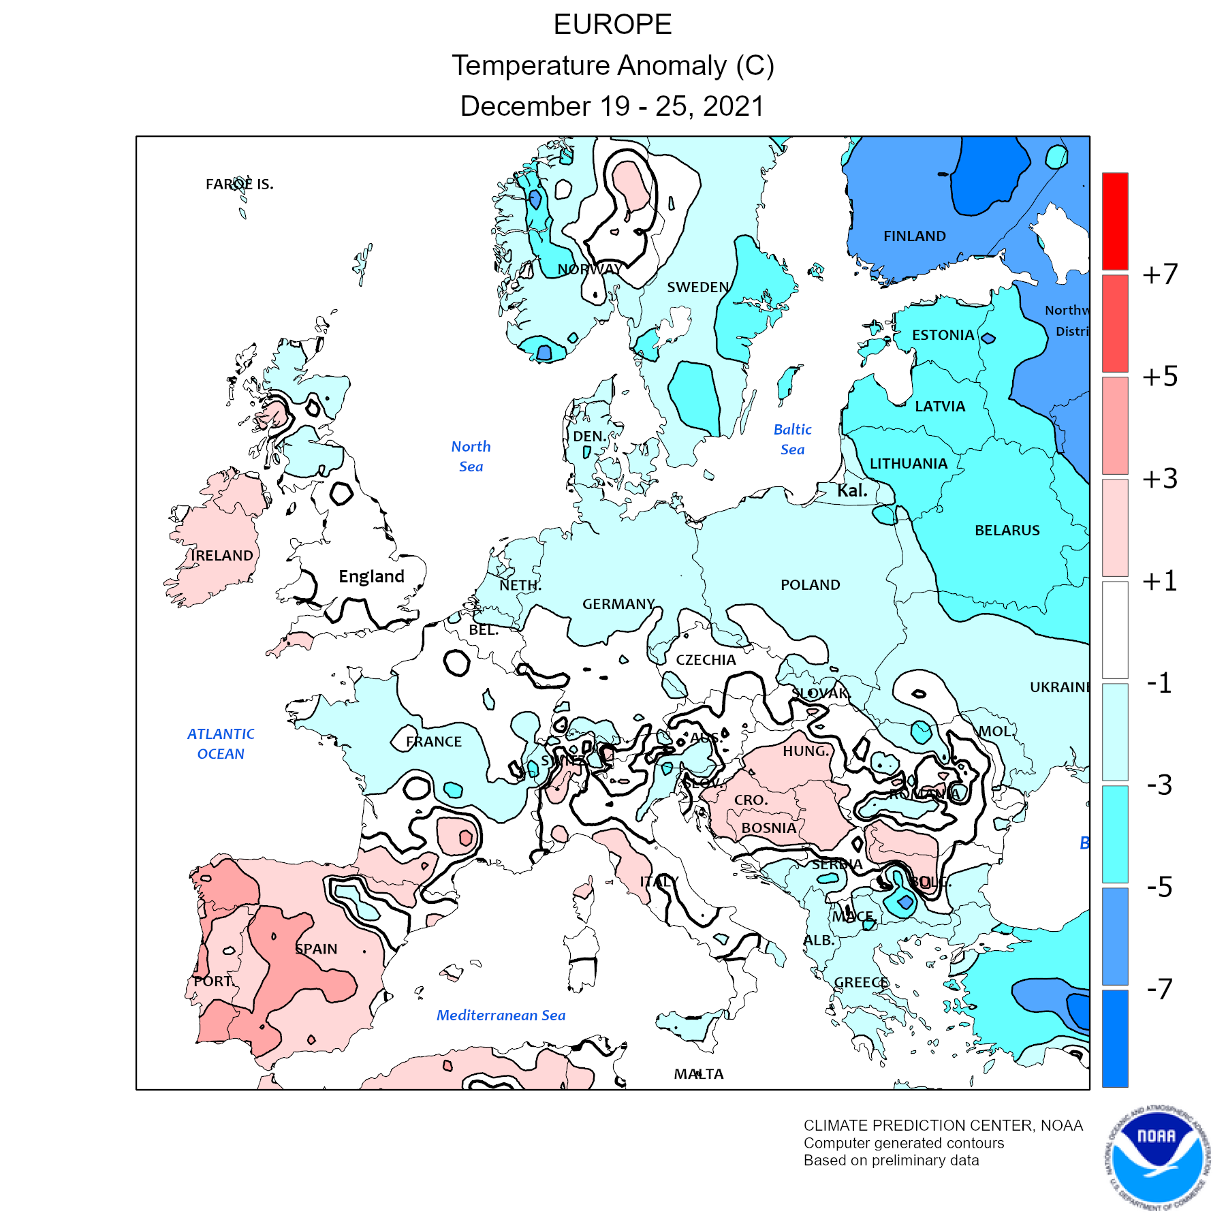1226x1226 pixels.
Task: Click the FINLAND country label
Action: click(914, 236)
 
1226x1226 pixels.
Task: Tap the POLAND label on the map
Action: click(810, 584)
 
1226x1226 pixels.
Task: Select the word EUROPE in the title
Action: click(612, 25)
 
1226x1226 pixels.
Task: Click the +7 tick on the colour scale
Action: click(1160, 274)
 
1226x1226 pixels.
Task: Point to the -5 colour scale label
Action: click(1159, 887)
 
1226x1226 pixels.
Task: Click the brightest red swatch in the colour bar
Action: click(1115, 221)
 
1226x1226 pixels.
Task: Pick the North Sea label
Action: click(471, 456)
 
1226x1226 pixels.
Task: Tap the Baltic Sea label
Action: click(792, 439)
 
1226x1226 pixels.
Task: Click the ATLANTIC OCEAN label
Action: click(221, 744)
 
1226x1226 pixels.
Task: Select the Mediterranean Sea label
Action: click(501, 1016)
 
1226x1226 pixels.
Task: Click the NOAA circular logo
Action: click(1157, 1158)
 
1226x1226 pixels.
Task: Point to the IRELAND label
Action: click(221, 556)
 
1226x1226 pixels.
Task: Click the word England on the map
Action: click(371, 577)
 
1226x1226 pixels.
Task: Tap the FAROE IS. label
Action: click(239, 184)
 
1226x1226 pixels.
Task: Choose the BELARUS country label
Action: click(1007, 531)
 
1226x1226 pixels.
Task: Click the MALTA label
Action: click(699, 1074)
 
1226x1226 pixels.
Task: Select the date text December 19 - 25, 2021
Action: click(612, 106)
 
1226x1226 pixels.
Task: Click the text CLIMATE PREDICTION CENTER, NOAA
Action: click(943, 1126)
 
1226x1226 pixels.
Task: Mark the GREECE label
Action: click(861, 983)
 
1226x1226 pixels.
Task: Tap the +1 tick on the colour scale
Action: click(1160, 581)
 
